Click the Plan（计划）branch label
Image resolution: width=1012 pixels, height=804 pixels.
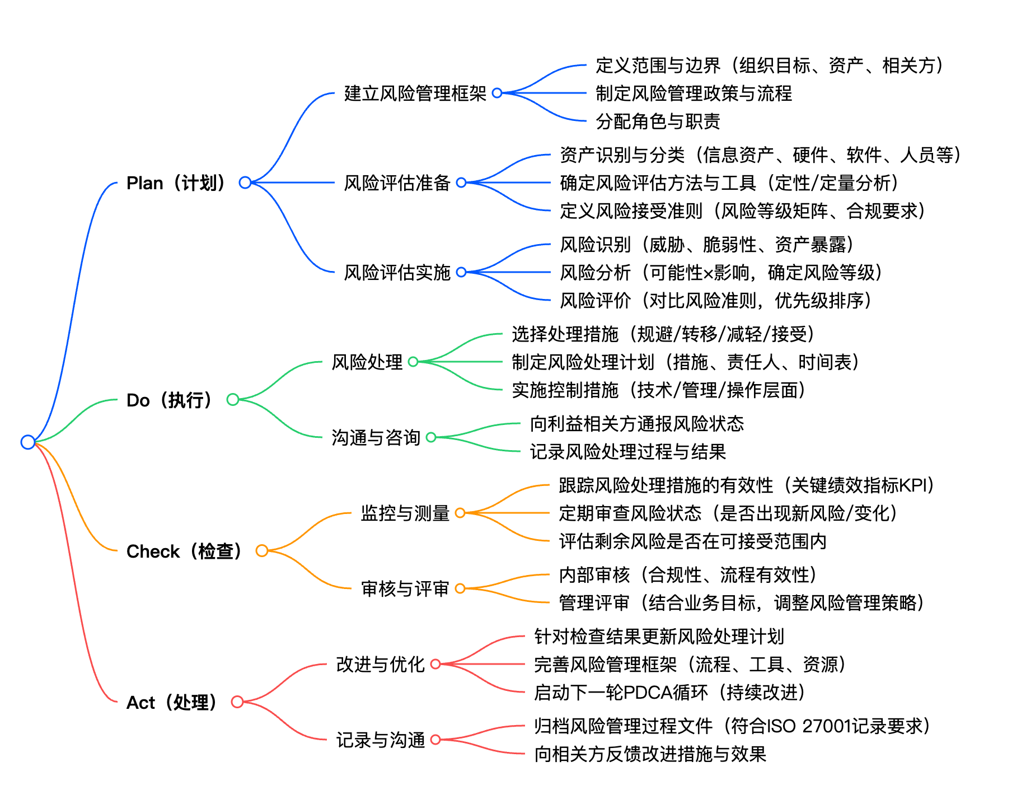(176, 183)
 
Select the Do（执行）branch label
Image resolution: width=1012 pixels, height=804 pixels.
(170, 400)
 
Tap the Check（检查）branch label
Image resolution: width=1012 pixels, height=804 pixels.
(184, 551)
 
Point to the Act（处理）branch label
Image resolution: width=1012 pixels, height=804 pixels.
(172, 702)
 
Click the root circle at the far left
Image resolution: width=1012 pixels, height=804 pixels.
(28, 442)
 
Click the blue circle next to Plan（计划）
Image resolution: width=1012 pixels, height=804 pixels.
(245, 183)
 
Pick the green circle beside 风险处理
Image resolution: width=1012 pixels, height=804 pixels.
(413, 362)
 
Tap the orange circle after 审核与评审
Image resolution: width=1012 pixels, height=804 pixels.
(460, 588)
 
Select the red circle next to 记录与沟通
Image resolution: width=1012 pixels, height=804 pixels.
(435, 740)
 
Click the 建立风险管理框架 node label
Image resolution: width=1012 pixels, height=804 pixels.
(415, 94)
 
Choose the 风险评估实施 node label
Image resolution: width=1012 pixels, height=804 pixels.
(397, 273)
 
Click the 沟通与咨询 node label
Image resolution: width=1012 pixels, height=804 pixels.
(376, 437)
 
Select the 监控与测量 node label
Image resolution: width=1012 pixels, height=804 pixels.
(405, 513)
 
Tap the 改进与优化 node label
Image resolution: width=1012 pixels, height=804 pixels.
(380, 665)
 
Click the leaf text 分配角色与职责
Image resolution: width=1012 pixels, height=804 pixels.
(658, 121)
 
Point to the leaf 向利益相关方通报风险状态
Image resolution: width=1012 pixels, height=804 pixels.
(637, 424)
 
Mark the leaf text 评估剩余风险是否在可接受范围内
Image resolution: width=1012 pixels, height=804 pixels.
(693, 541)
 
